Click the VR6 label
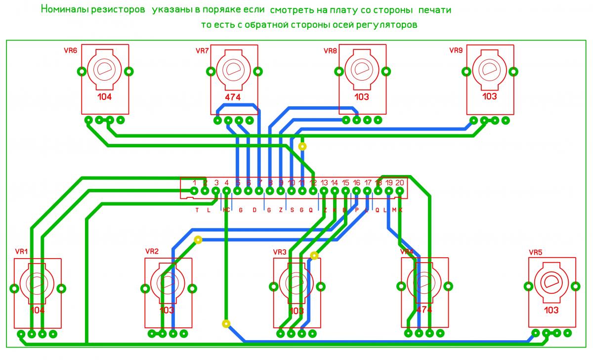[x=71, y=50]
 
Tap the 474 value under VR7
[x=232, y=97]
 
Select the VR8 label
[x=330, y=50]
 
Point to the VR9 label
[x=456, y=50]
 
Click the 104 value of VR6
[x=105, y=97]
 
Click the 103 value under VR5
[x=551, y=310]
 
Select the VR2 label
[x=152, y=251]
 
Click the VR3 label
[x=280, y=252]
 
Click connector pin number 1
[x=195, y=182]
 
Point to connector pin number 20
[x=400, y=182]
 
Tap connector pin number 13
[x=324, y=182]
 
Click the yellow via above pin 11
[x=302, y=146]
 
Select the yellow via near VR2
[x=198, y=240]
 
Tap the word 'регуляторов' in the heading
[x=389, y=25]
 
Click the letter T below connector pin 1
[x=197, y=210]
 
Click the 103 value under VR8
[x=362, y=97]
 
